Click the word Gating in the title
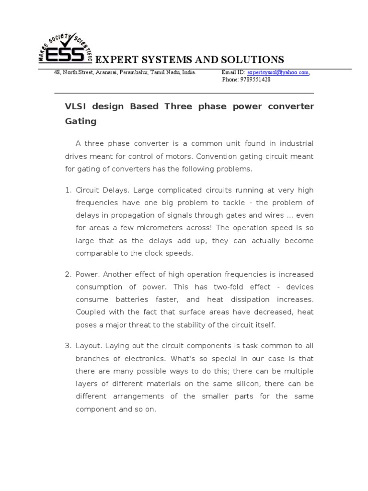80,121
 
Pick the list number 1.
68,190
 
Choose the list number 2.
68,274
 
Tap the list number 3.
68,346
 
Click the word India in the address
186,72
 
